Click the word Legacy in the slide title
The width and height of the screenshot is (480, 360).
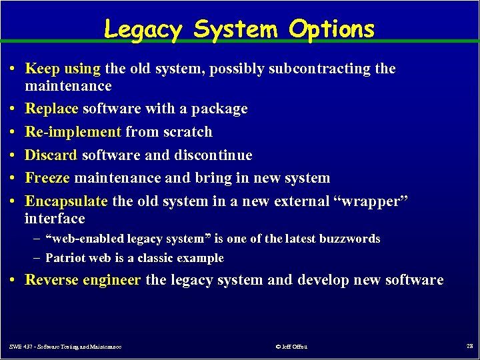[x=143, y=29]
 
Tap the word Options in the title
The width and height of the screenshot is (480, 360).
[x=332, y=29]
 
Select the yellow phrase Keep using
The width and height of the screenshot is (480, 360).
[x=63, y=68]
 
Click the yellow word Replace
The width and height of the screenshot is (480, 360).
[x=51, y=108]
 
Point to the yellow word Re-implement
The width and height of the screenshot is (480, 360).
[x=73, y=131]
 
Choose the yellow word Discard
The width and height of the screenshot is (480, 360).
[x=51, y=155]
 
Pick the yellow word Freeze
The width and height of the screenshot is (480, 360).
[x=48, y=178]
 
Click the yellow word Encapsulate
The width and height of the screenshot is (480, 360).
[x=66, y=201]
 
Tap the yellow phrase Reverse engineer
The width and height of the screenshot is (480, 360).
[x=83, y=280]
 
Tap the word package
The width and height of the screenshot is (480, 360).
[x=219, y=108]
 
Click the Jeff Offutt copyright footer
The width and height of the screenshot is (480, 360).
[x=291, y=346]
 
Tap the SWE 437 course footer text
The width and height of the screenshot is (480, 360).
[x=65, y=346]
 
